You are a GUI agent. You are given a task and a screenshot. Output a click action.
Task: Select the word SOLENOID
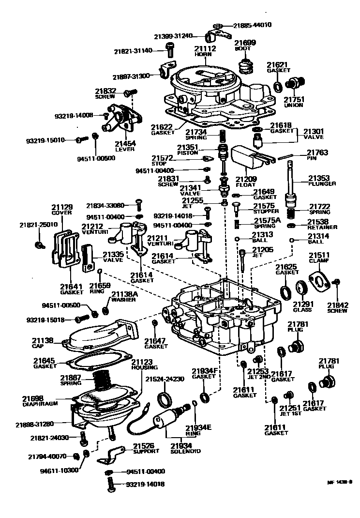[186, 451]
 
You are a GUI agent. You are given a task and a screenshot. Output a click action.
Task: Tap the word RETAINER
[323, 227]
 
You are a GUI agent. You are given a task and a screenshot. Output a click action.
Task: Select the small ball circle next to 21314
[292, 240]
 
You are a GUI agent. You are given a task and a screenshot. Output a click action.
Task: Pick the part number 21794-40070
[47, 457]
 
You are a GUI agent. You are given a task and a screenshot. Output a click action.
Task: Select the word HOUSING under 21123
[142, 368]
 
